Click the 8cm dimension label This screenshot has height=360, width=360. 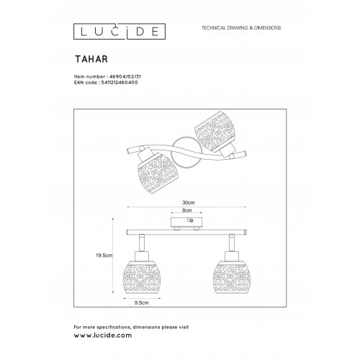187,212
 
